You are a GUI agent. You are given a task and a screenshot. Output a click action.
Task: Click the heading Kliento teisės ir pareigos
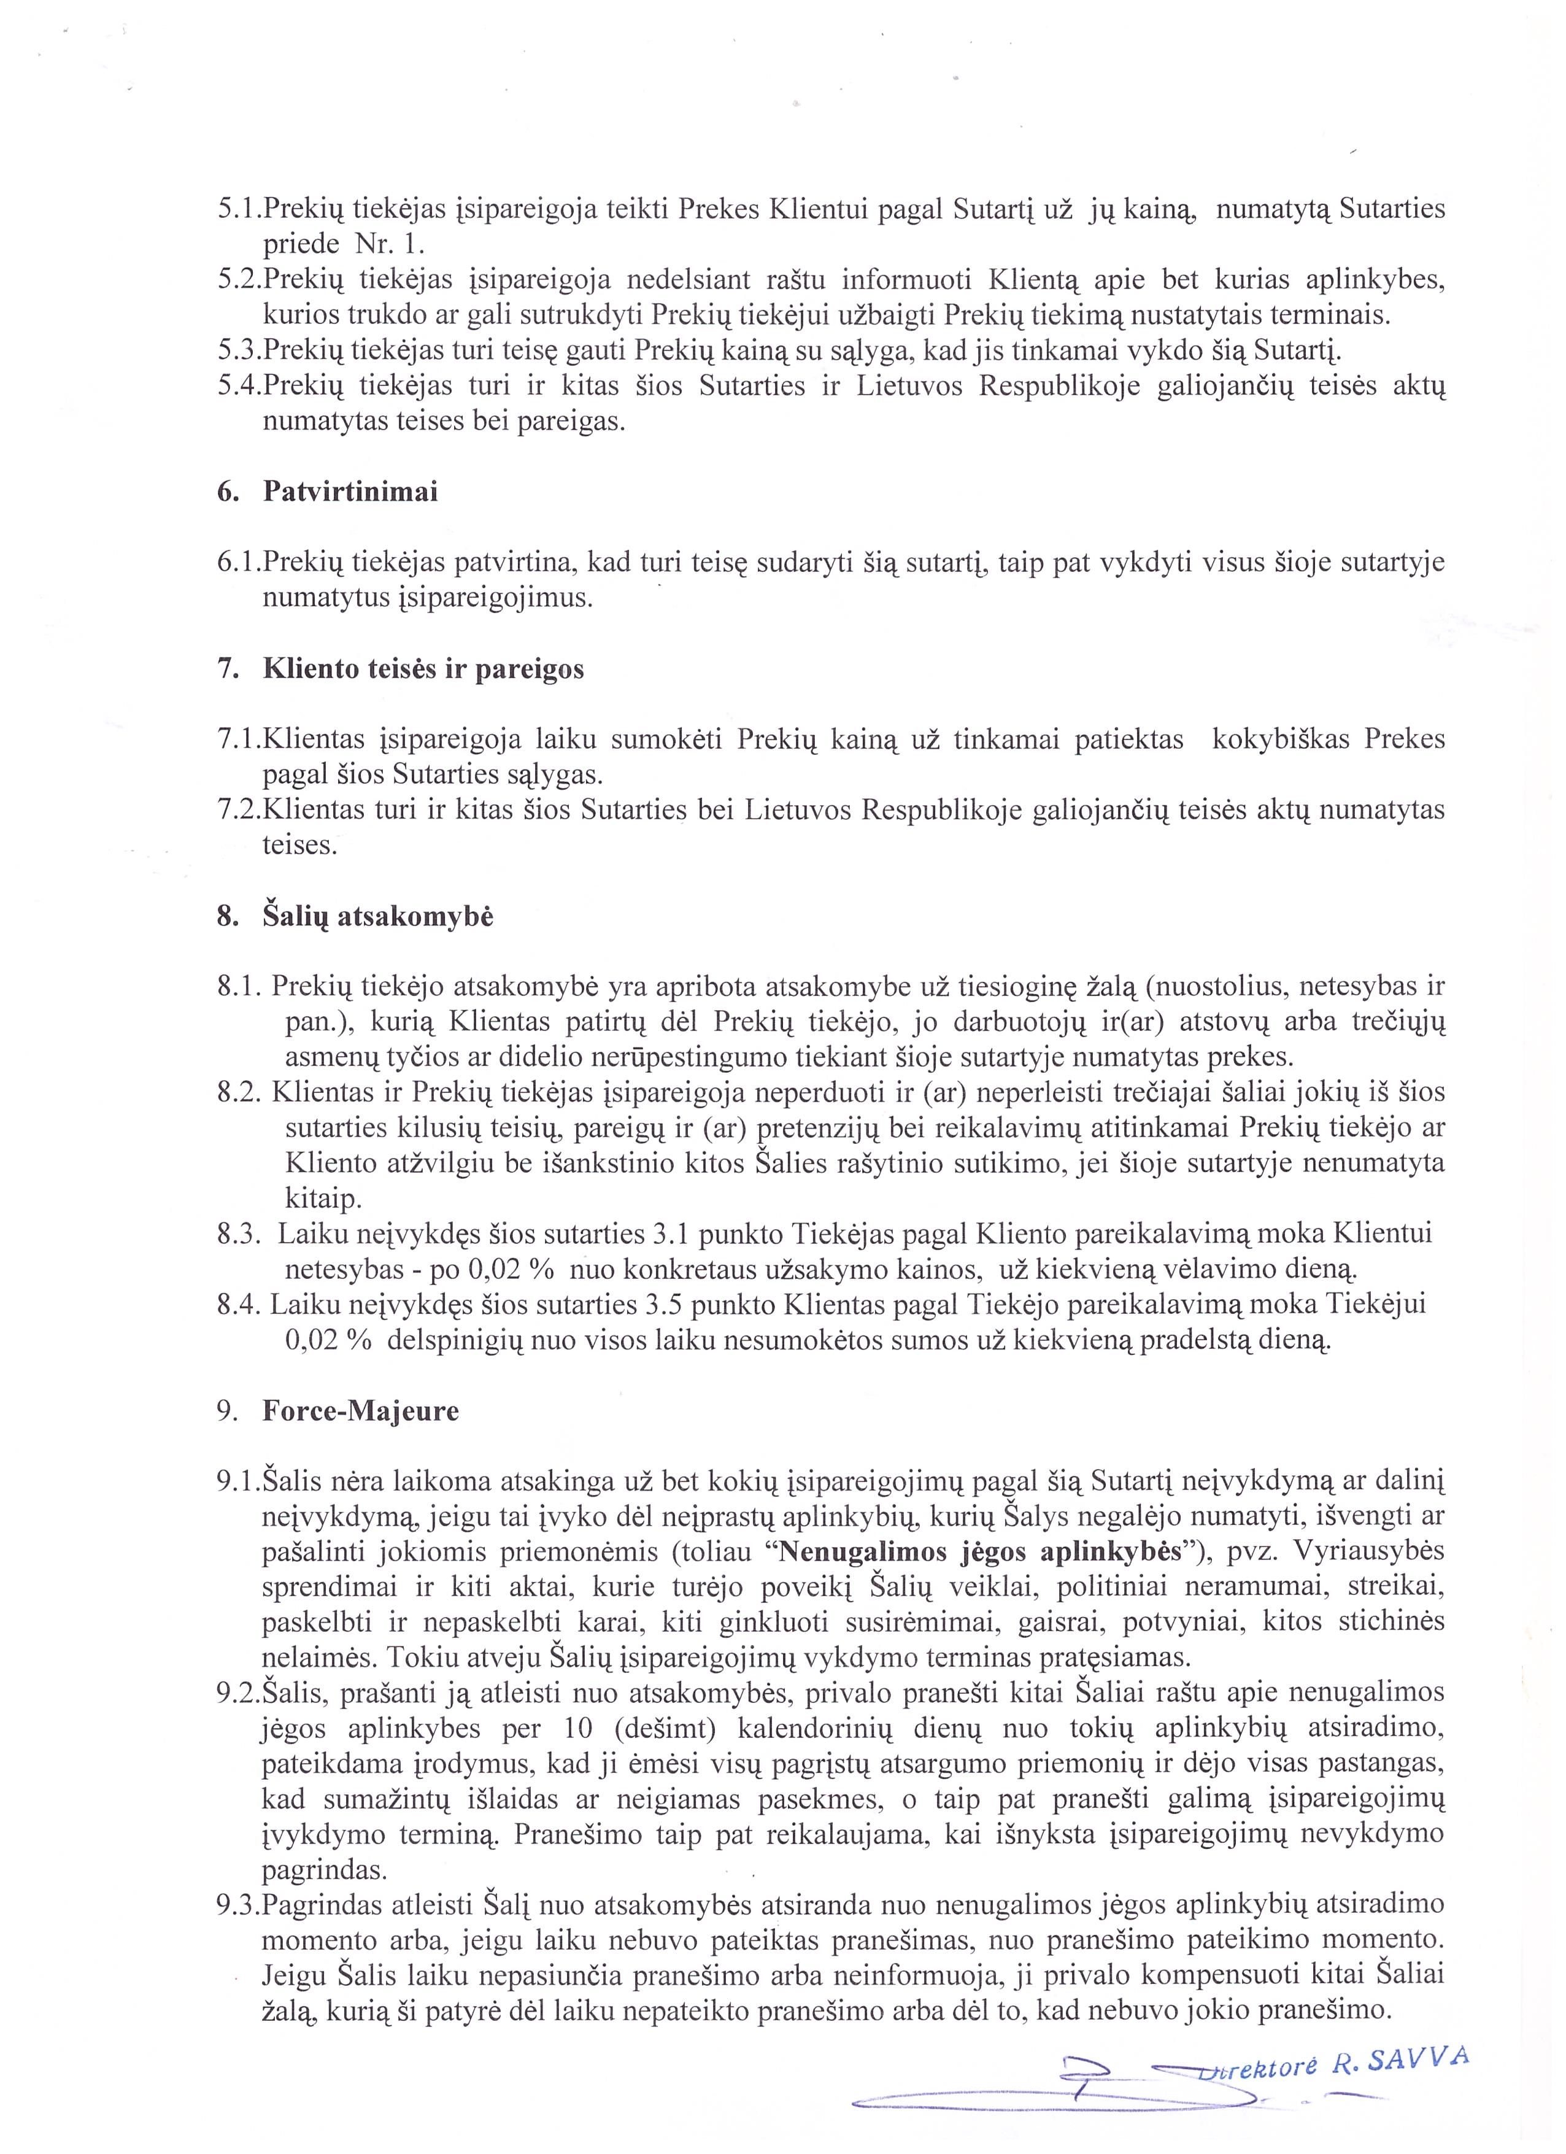pos(423,669)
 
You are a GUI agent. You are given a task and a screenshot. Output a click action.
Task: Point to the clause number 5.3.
pos(238,350)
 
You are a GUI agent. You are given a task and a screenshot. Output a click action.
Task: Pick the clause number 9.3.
pos(238,1904)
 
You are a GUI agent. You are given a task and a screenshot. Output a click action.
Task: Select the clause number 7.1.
pos(238,739)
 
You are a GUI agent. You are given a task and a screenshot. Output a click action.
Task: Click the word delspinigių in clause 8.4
pos(461,1340)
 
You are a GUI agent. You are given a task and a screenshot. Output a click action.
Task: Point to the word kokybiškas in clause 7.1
pos(1281,739)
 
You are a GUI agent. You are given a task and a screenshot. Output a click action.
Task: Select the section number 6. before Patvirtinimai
pos(227,492)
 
